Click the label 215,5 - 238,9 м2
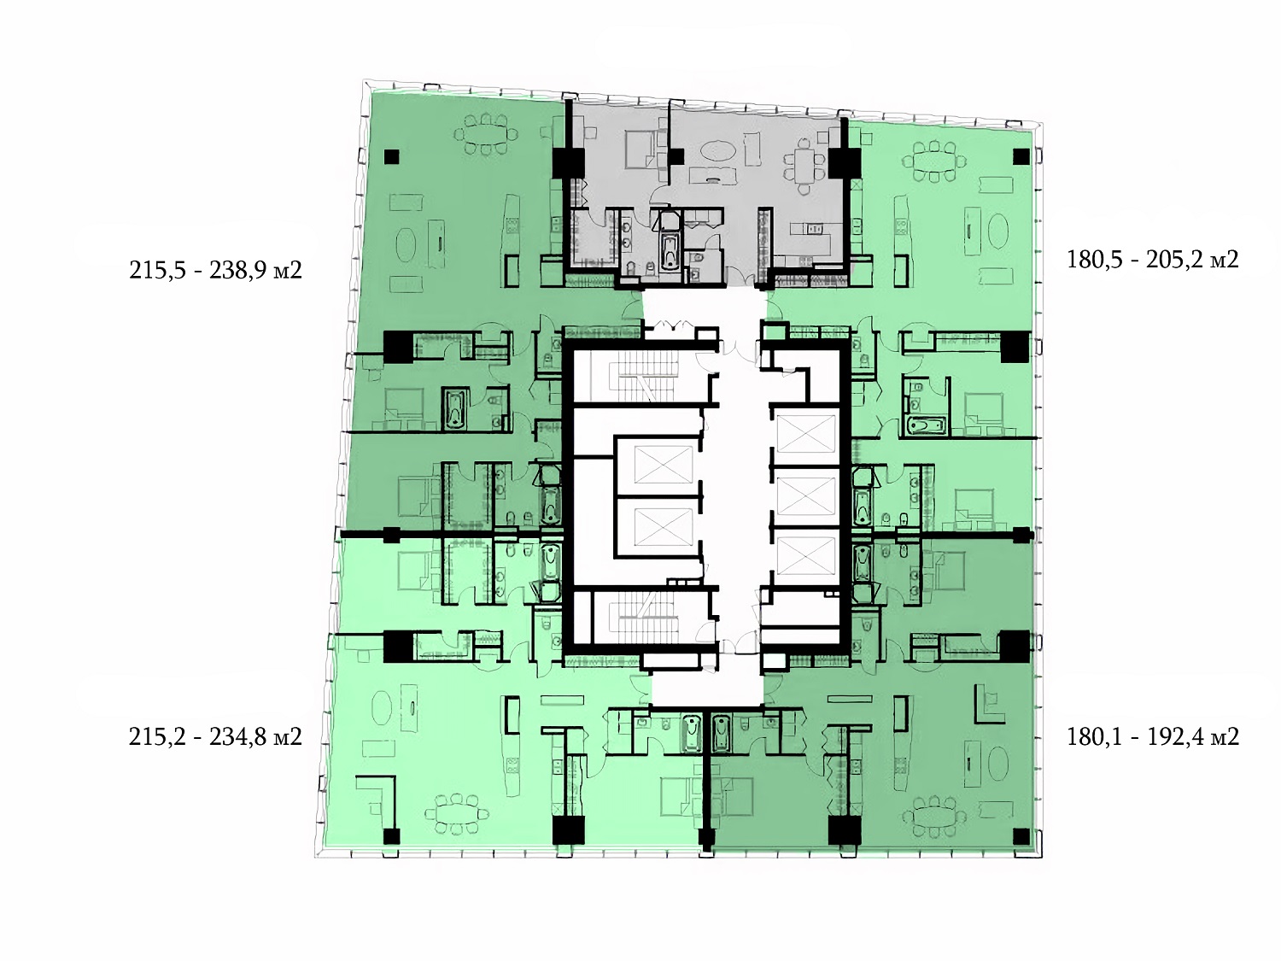[215, 271]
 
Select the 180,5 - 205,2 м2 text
[1153, 259]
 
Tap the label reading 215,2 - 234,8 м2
[215, 737]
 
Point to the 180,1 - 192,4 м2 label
[1153, 737]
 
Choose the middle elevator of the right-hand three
[805, 496]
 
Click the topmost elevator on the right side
[805, 434]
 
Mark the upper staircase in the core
[641, 377]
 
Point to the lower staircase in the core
[641, 618]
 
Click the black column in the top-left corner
[391, 157]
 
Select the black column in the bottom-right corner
[1021, 836]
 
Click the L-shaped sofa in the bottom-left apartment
[376, 800]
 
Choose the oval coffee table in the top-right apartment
[999, 231]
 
